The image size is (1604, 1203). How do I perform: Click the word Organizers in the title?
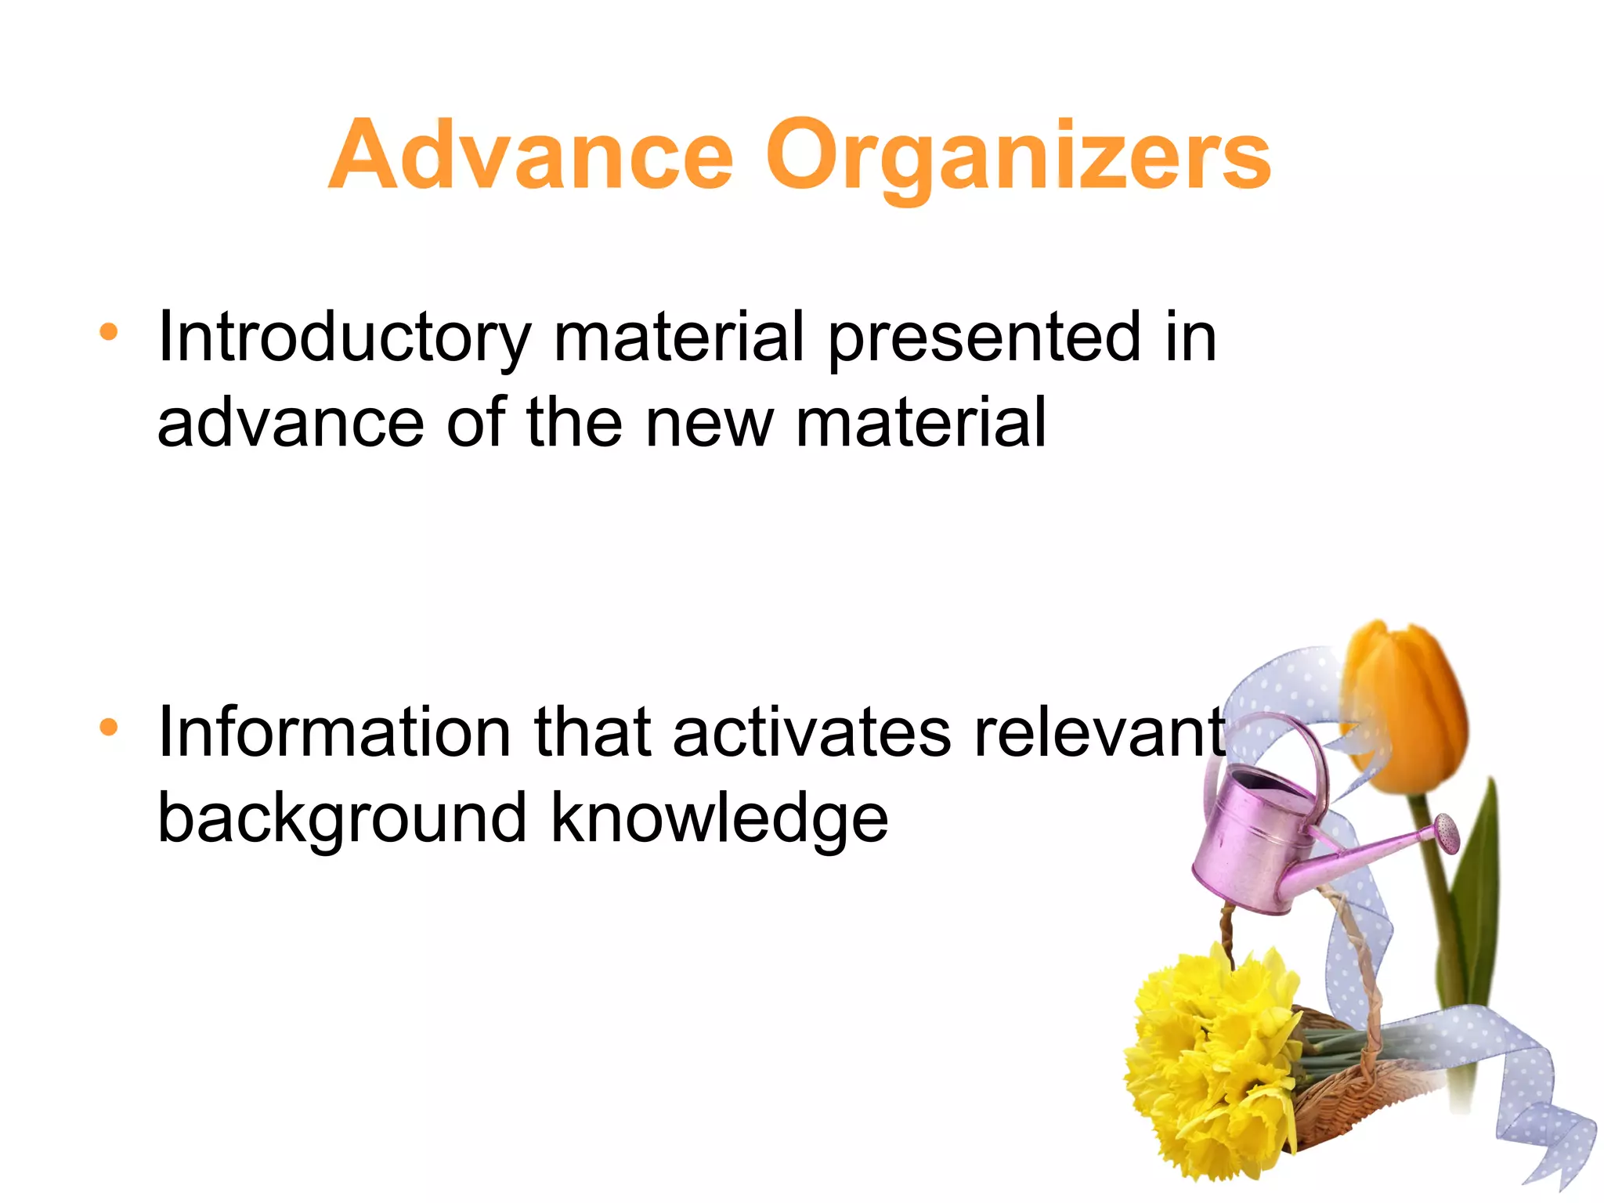pyautogui.click(x=1018, y=157)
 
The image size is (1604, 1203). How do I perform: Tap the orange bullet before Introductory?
pyautogui.click(x=109, y=332)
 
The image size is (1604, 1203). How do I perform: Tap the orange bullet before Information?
pyautogui.click(x=109, y=728)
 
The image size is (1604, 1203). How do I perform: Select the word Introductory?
pyautogui.click(x=344, y=338)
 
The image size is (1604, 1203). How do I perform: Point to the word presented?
pyautogui.click(x=984, y=338)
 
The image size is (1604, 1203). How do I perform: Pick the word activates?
pyautogui.click(x=811, y=734)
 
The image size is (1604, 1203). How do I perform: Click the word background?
pyautogui.click(x=342, y=819)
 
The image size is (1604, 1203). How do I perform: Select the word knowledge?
pyautogui.click(x=720, y=819)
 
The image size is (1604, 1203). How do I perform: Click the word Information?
pyautogui.click(x=334, y=734)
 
